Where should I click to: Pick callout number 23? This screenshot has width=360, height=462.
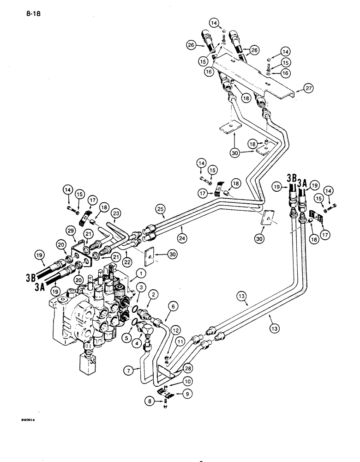pyautogui.click(x=116, y=213)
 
